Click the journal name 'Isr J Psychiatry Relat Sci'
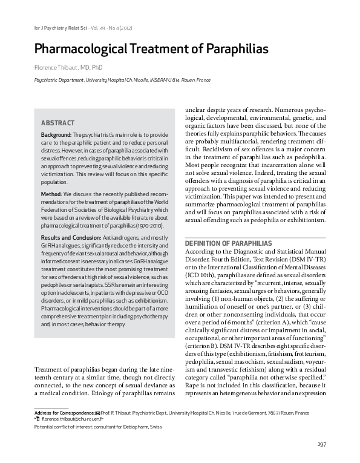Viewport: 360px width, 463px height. tap(53, 29)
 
